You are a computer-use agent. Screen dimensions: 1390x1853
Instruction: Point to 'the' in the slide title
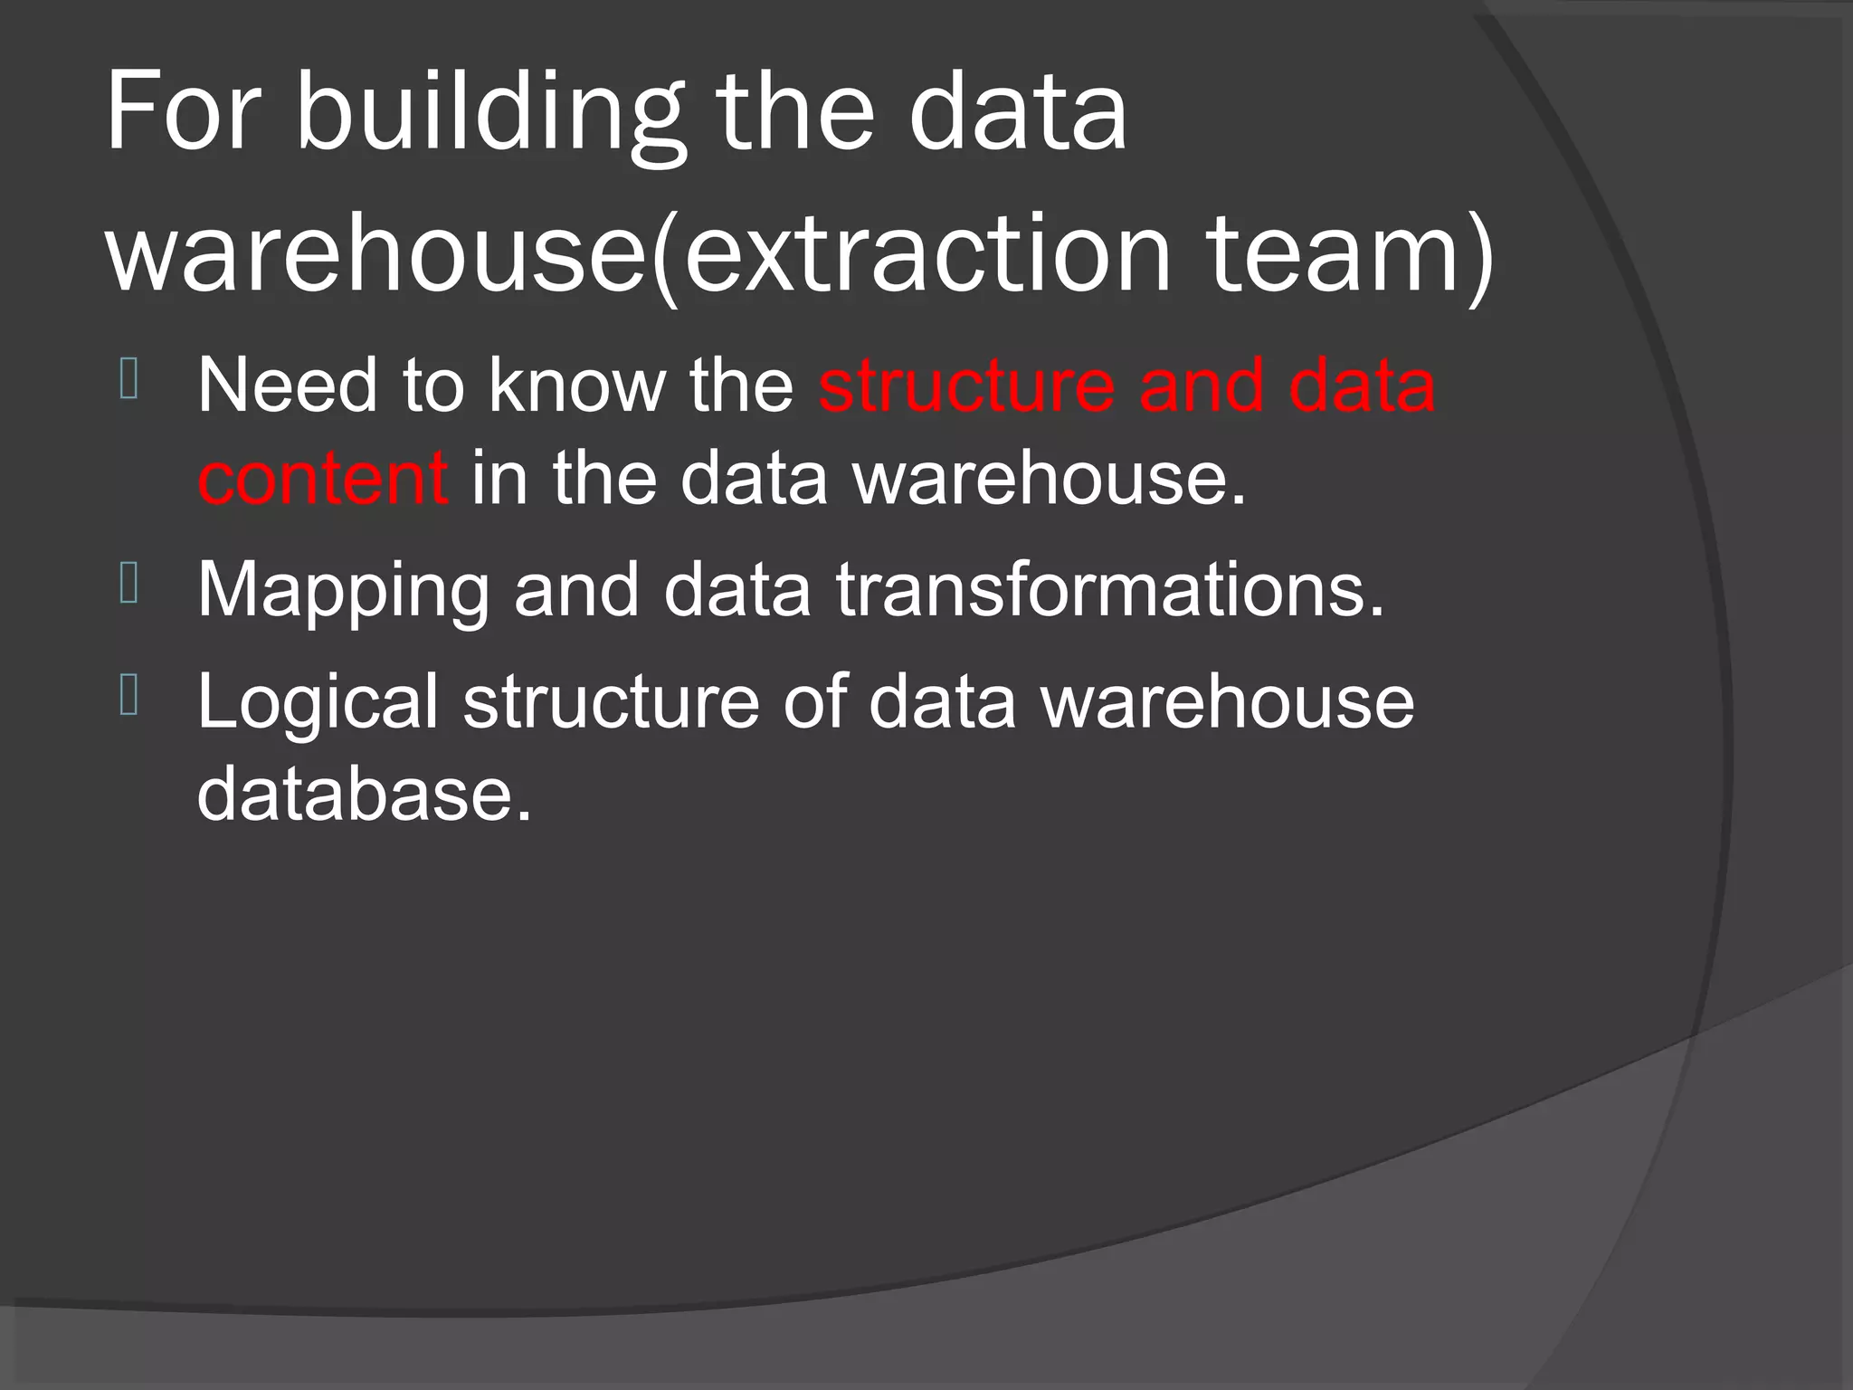[x=796, y=113]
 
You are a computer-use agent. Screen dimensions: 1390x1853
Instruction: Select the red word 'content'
[x=322, y=479]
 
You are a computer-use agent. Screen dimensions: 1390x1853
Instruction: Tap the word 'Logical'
[x=318, y=702]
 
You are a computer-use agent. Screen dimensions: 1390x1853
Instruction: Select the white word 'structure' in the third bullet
[x=611, y=702]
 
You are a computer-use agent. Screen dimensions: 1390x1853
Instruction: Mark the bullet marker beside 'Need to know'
[x=128, y=379]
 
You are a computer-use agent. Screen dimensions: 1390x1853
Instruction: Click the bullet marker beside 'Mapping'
[x=128, y=584]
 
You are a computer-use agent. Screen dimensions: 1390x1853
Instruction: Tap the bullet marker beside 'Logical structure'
[x=128, y=695]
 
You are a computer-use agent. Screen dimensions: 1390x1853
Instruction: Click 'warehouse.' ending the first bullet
[x=1050, y=479]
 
